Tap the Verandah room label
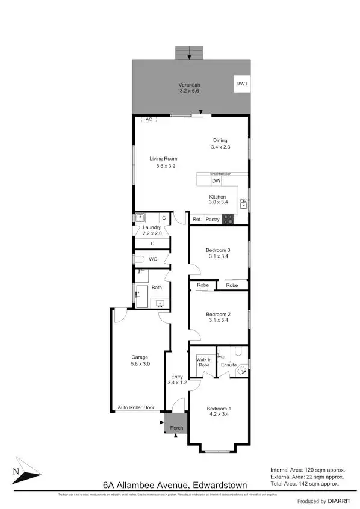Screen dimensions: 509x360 [x=188, y=88]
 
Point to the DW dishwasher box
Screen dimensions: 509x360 [x=216, y=182]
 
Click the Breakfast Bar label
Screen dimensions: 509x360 [x=220, y=174]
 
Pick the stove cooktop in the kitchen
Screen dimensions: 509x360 [x=228, y=220]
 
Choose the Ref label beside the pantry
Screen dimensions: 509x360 [x=196, y=220]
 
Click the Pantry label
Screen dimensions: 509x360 [x=213, y=220]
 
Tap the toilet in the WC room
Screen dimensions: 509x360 [x=139, y=259]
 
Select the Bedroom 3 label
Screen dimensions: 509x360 [x=218, y=250]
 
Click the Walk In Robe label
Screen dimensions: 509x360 [x=203, y=363]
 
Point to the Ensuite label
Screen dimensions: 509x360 [x=228, y=365]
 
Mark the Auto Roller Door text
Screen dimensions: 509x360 [x=136, y=407]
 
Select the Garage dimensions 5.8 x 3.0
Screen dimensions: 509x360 [x=140, y=363]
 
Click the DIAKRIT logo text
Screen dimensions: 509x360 [x=330, y=501]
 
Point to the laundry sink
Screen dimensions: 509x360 [x=140, y=218]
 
